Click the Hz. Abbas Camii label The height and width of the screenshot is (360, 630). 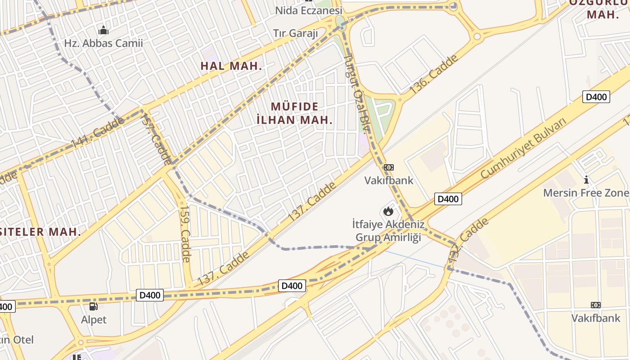[103, 44]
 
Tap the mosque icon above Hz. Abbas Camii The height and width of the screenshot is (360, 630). [103, 31]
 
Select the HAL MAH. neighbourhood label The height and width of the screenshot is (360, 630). [231, 66]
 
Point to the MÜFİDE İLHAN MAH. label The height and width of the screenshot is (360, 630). [295, 113]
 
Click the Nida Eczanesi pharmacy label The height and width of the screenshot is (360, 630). [309, 10]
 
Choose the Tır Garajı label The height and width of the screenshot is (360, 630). [296, 33]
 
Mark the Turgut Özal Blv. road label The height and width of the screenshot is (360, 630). [356, 94]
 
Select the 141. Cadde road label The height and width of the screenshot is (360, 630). [97, 133]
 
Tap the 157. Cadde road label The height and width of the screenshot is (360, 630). [156, 139]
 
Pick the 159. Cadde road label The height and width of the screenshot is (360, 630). [185, 234]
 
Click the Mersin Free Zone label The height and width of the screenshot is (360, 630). [586, 193]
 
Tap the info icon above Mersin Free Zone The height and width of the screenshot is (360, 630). [586, 180]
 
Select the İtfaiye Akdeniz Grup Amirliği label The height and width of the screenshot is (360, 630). [388, 230]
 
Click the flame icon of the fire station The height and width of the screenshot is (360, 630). [388, 211]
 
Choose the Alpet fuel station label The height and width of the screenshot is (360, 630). [94, 320]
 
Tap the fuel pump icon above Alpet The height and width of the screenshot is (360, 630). [94, 307]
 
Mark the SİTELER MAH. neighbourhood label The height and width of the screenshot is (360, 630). [40, 232]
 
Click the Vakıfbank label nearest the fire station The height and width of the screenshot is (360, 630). [388, 180]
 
